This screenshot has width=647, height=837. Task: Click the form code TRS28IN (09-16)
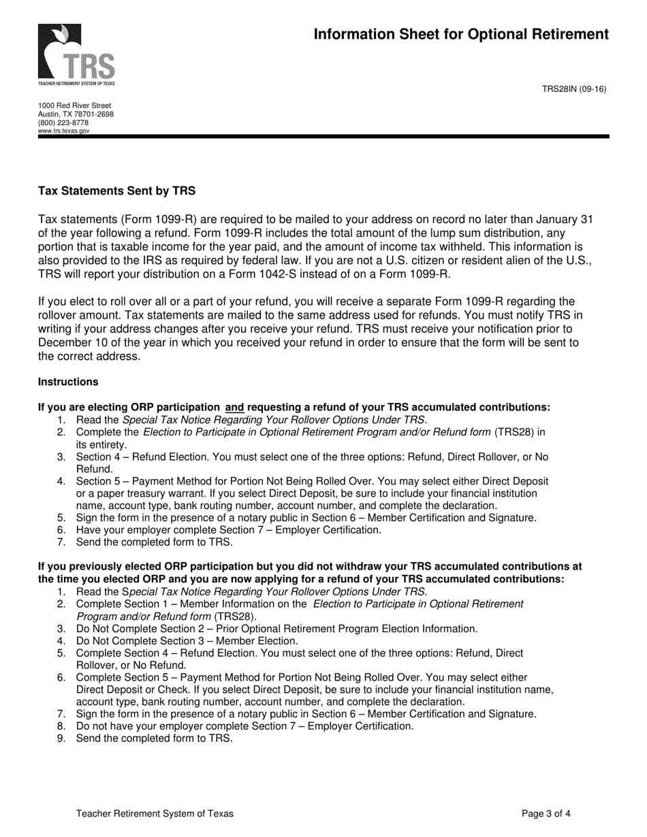(x=573, y=89)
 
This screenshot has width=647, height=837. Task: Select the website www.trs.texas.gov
(x=64, y=131)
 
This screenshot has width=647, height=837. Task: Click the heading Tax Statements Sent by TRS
(x=116, y=191)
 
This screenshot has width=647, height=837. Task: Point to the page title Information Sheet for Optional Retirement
(x=461, y=35)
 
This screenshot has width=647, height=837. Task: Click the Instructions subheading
(x=68, y=382)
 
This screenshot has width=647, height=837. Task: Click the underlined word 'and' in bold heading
(x=234, y=408)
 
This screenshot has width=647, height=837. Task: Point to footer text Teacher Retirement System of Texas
(x=155, y=813)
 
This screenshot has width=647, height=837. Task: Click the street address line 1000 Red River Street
(x=74, y=106)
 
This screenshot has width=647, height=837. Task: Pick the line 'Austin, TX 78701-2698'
(x=76, y=114)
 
